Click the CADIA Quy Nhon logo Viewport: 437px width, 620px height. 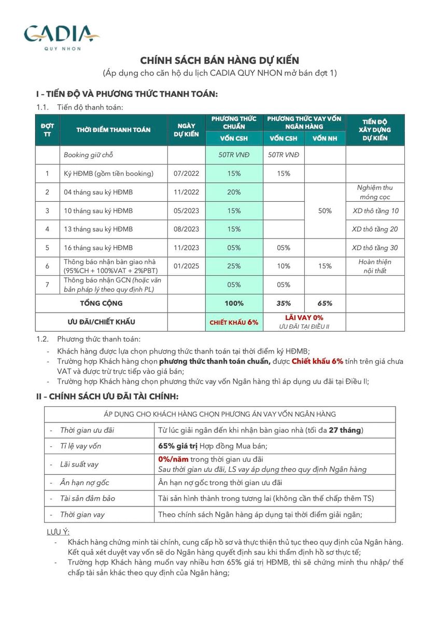point(61,37)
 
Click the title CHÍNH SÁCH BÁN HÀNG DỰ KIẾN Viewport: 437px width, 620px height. point(219,61)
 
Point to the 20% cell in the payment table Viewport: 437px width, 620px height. point(234,192)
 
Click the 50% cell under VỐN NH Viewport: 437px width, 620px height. point(325,211)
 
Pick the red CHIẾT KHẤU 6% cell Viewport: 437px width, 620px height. point(234,322)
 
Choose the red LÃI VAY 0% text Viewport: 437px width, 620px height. point(304,317)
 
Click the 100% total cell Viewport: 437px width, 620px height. point(234,303)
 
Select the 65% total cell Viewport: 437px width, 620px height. point(325,303)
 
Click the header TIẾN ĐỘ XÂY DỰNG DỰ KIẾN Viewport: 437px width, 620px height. point(375,130)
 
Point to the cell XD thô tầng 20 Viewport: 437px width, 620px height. point(375,229)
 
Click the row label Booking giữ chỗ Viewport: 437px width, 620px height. point(88,155)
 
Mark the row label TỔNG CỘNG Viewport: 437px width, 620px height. point(101,303)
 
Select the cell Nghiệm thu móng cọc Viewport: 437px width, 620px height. point(375,192)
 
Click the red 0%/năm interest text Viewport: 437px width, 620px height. point(173,459)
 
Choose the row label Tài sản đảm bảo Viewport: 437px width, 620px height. point(88,499)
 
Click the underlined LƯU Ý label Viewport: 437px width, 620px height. point(58,532)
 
